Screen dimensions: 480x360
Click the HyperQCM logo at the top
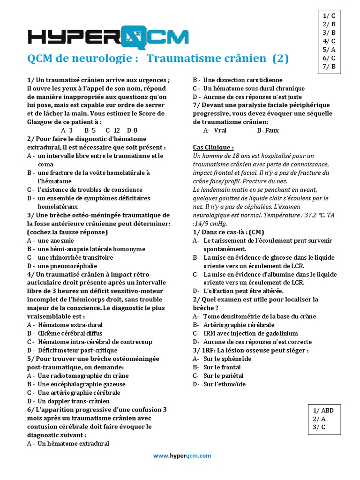point(108,37)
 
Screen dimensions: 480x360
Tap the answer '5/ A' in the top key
point(329,49)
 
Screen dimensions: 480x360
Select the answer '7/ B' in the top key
point(329,66)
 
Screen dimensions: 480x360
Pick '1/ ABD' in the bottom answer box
point(323,410)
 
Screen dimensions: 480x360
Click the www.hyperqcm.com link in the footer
point(182,455)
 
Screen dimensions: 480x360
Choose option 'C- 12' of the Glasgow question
point(113,130)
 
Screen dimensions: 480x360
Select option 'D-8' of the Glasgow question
point(132,130)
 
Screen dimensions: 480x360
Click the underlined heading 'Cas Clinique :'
point(213,147)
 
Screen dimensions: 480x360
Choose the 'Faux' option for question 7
point(268,130)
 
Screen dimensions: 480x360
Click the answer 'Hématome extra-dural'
point(70,325)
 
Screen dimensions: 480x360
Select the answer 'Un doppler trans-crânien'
point(74,401)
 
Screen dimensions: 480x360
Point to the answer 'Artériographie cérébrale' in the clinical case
point(239,325)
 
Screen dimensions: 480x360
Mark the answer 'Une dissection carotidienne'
point(243,80)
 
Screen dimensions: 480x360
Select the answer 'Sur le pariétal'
point(224,375)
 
